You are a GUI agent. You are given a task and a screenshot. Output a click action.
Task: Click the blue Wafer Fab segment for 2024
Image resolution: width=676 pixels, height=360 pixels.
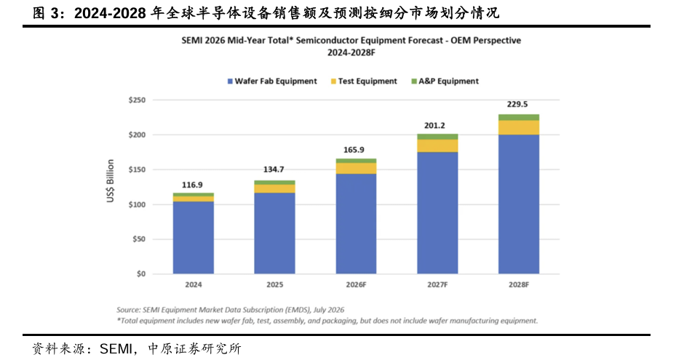(193, 238)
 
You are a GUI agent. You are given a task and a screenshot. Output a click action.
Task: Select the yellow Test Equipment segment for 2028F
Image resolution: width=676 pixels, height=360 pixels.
(519, 127)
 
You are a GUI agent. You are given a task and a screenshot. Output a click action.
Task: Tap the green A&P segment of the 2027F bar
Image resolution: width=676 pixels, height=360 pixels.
(437, 137)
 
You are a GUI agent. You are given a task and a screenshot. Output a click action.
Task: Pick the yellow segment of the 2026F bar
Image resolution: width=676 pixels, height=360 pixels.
(356, 169)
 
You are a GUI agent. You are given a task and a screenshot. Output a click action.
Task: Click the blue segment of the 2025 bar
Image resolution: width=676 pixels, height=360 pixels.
(274, 233)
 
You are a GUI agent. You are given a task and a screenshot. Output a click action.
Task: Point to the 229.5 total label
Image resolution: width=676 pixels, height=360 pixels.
(517, 104)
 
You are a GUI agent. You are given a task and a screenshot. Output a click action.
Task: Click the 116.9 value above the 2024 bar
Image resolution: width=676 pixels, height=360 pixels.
(192, 185)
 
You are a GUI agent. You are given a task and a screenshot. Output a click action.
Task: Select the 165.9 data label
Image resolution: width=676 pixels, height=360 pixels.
(354, 150)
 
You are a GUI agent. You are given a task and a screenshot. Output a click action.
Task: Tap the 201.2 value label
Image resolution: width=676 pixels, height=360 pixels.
(434, 126)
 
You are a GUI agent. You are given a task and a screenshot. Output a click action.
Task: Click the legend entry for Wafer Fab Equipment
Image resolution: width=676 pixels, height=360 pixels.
(272, 81)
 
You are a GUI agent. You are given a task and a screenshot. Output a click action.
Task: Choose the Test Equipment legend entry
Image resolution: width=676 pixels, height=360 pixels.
(364, 81)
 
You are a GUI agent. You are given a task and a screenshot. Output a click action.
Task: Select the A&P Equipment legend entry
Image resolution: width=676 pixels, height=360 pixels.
(445, 81)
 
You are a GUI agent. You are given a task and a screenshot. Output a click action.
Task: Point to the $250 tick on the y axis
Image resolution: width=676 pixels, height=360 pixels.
(137, 100)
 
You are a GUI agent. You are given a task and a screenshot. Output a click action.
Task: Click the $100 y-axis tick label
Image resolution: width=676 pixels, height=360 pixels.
(137, 204)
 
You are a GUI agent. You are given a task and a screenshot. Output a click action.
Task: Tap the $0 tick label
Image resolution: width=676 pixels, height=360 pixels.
(141, 273)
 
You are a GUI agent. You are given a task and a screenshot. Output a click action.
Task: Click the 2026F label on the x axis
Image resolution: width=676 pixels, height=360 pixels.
(356, 285)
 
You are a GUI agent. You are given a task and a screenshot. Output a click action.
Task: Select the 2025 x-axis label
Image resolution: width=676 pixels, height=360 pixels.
(274, 285)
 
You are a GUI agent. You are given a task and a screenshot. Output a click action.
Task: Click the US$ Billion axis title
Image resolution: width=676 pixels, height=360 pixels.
(111, 180)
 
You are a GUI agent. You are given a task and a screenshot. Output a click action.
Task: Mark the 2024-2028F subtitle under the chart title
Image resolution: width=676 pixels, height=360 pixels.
(351, 52)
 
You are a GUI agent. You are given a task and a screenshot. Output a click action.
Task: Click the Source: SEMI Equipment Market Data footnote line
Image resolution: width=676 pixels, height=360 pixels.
(230, 310)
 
